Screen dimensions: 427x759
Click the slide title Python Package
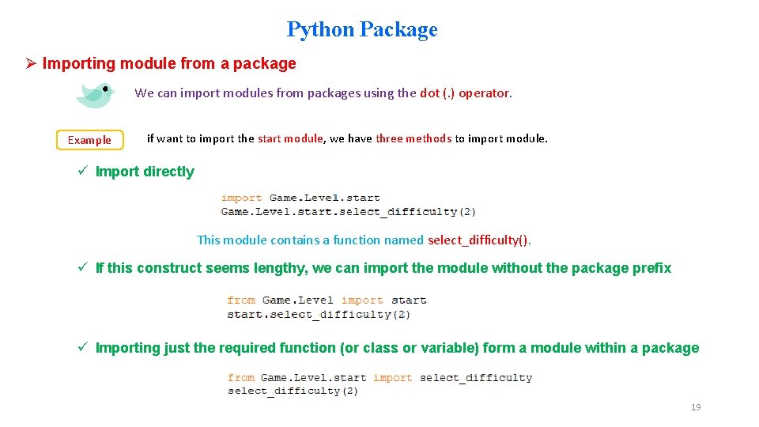pyautogui.click(x=362, y=29)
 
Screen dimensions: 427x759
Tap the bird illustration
pyautogui.click(x=95, y=94)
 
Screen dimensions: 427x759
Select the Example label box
pyautogui.click(x=89, y=140)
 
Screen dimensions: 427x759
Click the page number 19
pyautogui.click(x=696, y=407)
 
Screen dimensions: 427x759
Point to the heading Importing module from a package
pyautogui.click(x=169, y=63)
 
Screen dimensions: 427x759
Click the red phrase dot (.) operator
pyautogui.click(x=465, y=93)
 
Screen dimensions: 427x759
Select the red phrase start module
pyautogui.click(x=290, y=138)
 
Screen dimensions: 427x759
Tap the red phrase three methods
pyautogui.click(x=413, y=138)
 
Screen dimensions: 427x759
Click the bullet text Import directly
pyautogui.click(x=145, y=172)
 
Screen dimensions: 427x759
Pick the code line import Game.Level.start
pyautogui.click(x=300, y=198)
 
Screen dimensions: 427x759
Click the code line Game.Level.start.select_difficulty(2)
pyautogui.click(x=348, y=211)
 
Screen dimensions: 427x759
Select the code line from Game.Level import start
pyautogui.click(x=327, y=300)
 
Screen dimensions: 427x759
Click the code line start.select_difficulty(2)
pyautogui.click(x=319, y=314)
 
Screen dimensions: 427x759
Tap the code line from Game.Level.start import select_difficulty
pyautogui.click(x=379, y=377)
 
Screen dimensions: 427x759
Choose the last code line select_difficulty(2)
pyautogui.click(x=293, y=391)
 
